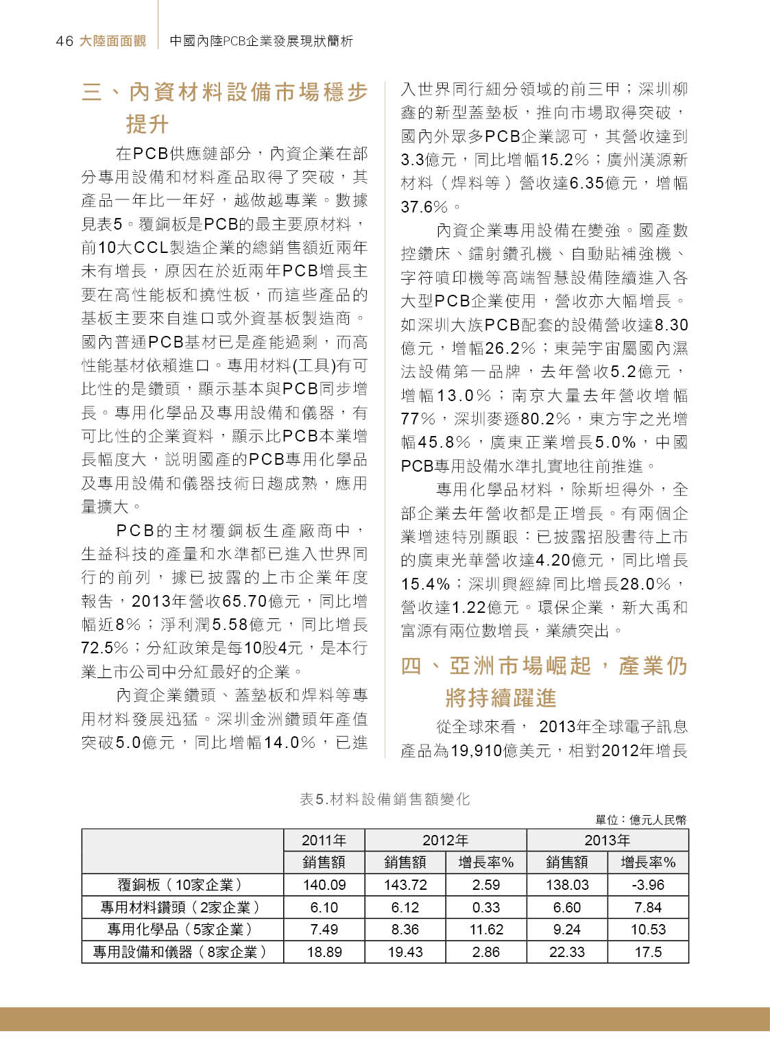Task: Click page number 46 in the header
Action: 64,41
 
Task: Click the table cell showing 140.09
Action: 324,885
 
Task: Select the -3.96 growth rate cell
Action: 647,885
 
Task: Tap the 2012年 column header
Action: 445,840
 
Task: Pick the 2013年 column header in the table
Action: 607,840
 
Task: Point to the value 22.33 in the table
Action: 566,952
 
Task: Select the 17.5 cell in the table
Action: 647,952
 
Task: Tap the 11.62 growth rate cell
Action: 485,930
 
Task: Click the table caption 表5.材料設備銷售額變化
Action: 385,799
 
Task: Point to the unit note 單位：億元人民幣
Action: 640,820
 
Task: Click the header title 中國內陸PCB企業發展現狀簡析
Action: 261,41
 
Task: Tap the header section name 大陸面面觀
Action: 112,41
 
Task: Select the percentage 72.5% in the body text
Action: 104,648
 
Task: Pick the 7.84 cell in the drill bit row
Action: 647,908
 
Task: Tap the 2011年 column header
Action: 324,840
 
